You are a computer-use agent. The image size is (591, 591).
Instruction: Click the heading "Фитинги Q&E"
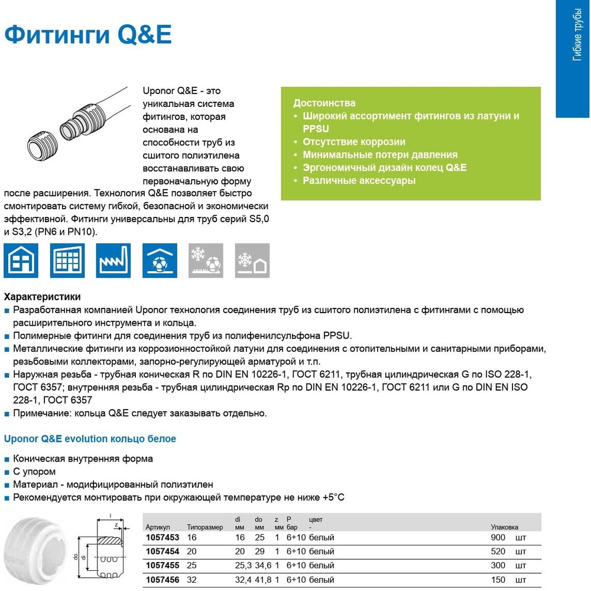click(88, 35)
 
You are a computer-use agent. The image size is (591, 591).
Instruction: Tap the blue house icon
click(21, 260)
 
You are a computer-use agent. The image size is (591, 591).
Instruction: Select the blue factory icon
click(113, 260)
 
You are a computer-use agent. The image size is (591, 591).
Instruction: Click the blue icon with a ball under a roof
click(159, 260)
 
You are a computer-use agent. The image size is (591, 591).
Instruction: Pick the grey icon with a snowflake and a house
click(252, 260)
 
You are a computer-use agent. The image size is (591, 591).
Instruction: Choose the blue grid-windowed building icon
click(67, 260)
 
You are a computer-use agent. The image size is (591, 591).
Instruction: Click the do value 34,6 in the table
click(263, 566)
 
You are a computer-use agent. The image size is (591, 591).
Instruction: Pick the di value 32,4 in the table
click(243, 580)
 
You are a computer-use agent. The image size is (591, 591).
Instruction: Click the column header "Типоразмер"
click(204, 527)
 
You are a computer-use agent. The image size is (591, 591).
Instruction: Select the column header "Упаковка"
click(504, 527)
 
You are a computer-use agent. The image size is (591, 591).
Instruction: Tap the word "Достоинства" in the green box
click(324, 103)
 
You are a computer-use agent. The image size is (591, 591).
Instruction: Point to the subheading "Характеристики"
click(42, 297)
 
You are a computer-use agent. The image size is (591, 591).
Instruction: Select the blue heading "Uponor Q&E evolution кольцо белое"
click(90, 439)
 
